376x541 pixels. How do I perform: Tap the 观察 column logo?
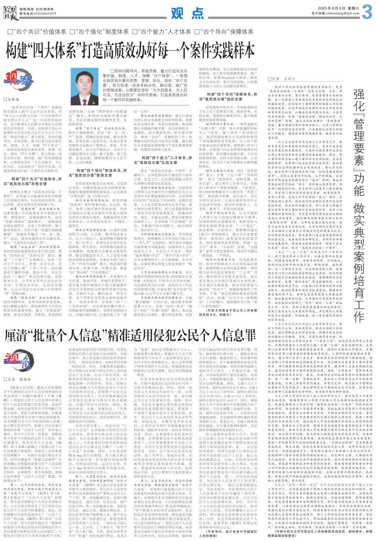[18, 79]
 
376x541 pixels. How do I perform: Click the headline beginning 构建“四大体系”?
[131, 50]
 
